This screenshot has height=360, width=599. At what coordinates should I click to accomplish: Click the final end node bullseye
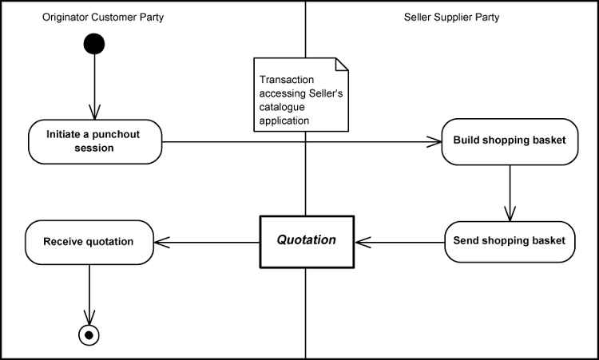(89, 334)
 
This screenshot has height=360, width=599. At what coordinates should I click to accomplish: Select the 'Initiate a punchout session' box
(95, 141)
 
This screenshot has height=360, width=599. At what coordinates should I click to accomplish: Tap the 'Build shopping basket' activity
(510, 141)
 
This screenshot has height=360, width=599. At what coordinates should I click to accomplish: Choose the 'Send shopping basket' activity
(509, 240)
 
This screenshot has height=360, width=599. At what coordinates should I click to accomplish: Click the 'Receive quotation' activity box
(89, 242)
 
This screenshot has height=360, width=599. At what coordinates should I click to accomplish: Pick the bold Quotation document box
(307, 240)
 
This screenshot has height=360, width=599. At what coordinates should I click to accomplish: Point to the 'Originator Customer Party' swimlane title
(103, 17)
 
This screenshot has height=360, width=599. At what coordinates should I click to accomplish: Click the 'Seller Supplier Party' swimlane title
(451, 17)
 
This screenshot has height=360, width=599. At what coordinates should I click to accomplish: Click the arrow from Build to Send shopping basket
(510, 192)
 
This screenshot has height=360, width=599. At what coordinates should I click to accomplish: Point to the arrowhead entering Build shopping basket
(434, 141)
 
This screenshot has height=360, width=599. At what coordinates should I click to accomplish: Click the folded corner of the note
(342, 64)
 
